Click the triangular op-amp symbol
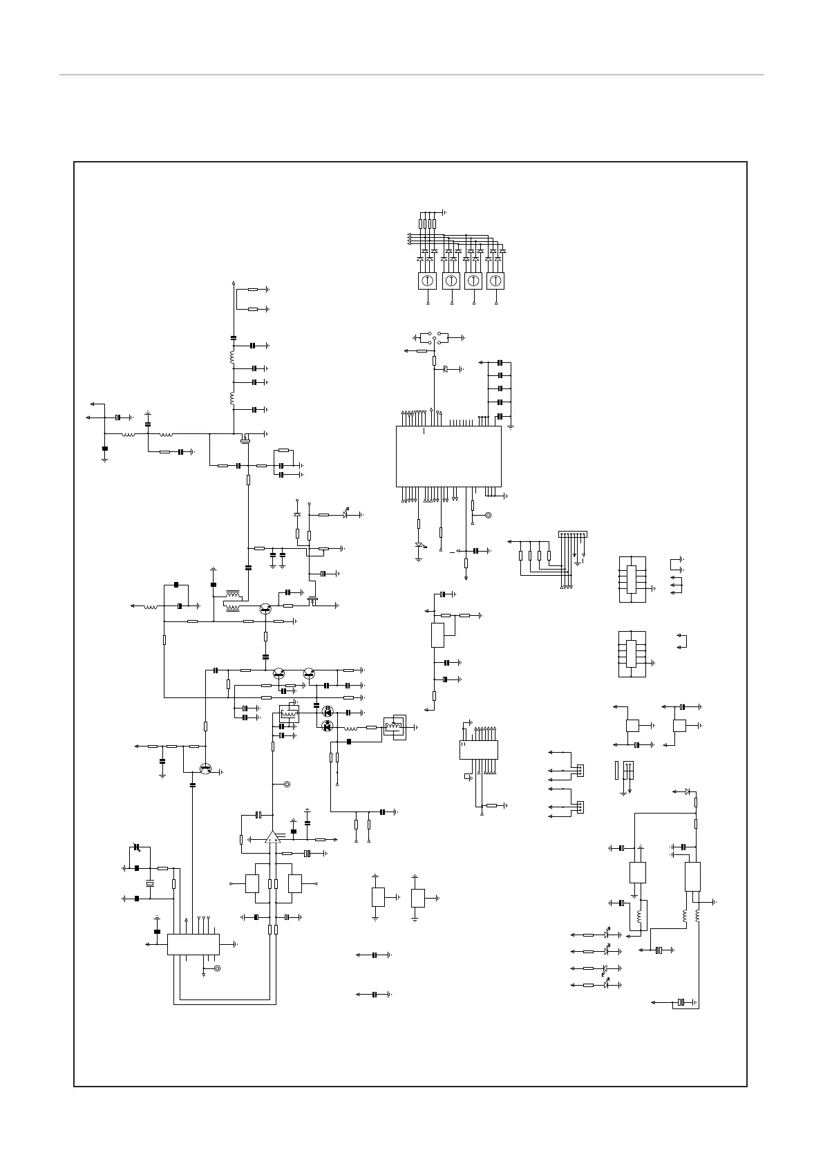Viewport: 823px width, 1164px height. pyautogui.click(x=273, y=838)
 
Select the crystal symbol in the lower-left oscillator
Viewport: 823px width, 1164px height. pyautogui.click(x=150, y=884)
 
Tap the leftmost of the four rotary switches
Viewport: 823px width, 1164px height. pyautogui.click(x=428, y=281)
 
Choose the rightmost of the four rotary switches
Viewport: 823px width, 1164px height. pyautogui.click(x=495, y=281)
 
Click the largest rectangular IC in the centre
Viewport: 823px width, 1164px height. pyautogui.click(x=448, y=456)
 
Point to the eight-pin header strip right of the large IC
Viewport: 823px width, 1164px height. pyautogui.click(x=572, y=534)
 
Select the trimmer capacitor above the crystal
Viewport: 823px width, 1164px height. pyautogui.click(x=136, y=847)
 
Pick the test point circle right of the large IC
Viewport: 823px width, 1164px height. pyautogui.click(x=489, y=515)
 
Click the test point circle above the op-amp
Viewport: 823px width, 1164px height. pyautogui.click(x=287, y=785)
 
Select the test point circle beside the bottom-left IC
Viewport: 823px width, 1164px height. pyautogui.click(x=217, y=968)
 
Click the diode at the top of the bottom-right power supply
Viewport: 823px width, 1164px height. pyautogui.click(x=687, y=791)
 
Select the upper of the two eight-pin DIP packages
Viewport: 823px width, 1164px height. pyautogui.click(x=631, y=579)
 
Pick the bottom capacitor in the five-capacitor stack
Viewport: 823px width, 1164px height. pyautogui.click(x=500, y=417)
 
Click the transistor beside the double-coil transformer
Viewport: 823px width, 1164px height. pyautogui.click(x=265, y=608)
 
